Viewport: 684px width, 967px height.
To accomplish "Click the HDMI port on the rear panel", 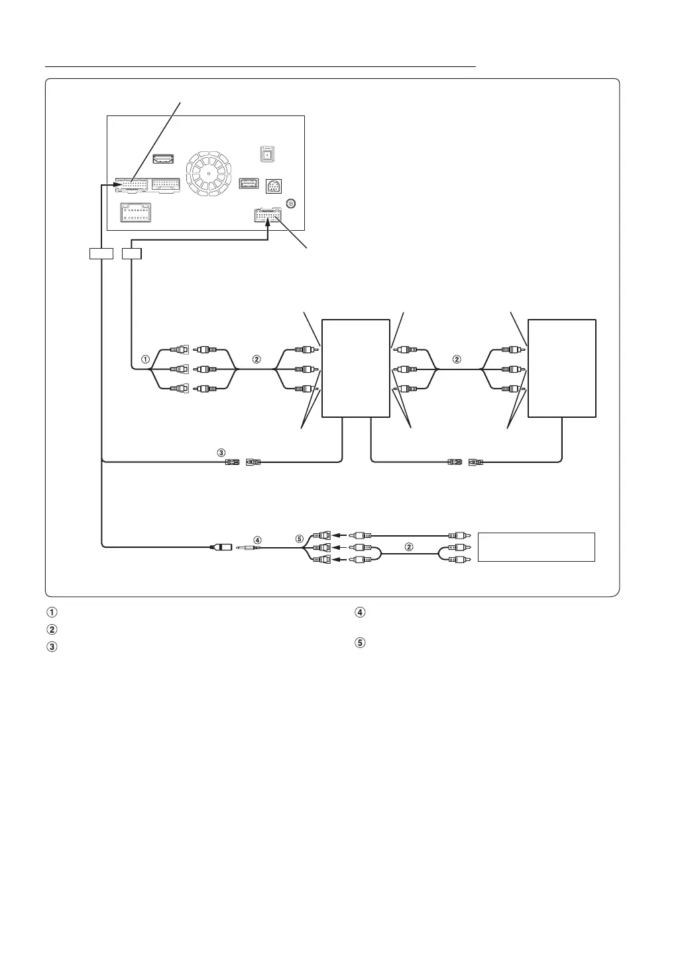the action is point(163,159).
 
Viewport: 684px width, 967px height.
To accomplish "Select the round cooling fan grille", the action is point(208,174).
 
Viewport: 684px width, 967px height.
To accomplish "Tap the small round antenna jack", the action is point(290,203).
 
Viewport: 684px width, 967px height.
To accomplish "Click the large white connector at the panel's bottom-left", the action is point(136,212).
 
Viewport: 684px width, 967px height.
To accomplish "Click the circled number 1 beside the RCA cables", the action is point(145,359).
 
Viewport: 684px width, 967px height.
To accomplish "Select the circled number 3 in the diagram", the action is point(221,452).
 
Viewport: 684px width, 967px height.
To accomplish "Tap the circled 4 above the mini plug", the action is point(258,540).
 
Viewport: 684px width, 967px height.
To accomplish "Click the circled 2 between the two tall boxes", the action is point(455,359).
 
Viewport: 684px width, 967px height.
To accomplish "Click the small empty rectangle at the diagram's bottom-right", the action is point(536,547).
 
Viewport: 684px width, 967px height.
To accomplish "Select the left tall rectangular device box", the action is point(355,368).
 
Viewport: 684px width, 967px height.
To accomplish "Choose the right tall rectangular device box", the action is point(561,368).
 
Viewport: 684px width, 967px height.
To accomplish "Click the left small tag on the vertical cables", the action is point(101,253).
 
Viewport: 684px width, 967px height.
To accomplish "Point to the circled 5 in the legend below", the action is point(360,643).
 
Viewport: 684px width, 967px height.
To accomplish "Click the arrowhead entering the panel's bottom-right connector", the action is point(268,227).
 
